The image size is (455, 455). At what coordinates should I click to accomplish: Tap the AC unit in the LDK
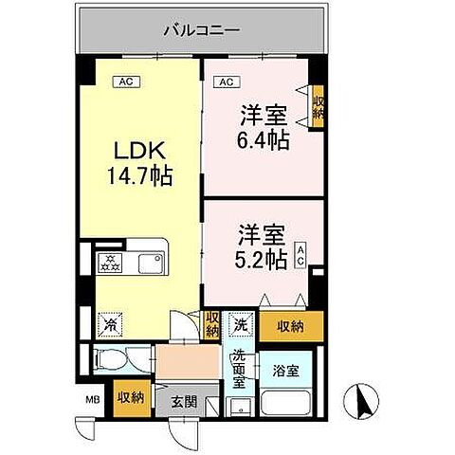coord(124,82)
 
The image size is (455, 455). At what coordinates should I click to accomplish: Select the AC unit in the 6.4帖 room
coord(226,82)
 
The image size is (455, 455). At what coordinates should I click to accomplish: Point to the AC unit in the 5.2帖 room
coord(300,255)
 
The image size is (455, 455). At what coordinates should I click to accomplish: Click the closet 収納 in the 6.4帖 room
coord(318,103)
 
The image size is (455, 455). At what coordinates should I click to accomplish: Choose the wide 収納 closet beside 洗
coord(291,326)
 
